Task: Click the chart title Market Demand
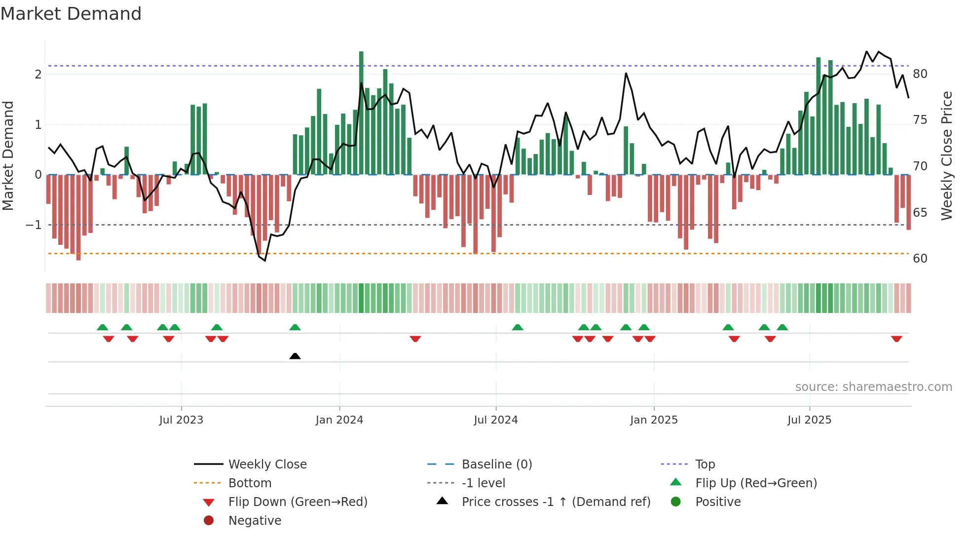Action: point(71,14)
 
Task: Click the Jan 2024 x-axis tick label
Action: point(339,420)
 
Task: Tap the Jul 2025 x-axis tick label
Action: point(809,420)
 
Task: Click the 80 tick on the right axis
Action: point(920,74)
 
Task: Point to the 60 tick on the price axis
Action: point(920,259)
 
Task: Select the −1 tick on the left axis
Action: point(34,225)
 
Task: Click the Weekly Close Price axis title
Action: point(946,155)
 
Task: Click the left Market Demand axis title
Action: point(8,155)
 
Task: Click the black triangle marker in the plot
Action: point(295,356)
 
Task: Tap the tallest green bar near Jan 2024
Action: point(361,114)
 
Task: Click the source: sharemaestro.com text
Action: point(873,387)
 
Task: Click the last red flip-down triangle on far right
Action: point(896,339)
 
